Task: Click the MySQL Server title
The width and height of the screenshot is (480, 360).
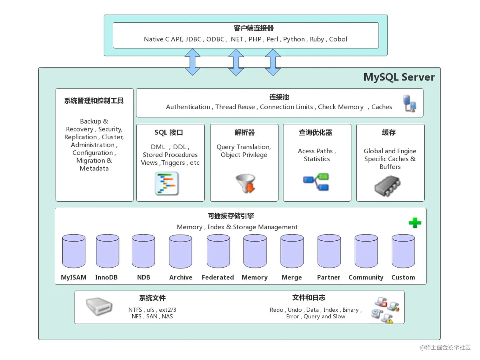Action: click(399, 77)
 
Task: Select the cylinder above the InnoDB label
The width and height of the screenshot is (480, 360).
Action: click(108, 251)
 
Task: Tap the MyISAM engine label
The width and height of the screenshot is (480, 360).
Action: click(74, 277)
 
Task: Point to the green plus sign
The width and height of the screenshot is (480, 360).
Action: click(415, 223)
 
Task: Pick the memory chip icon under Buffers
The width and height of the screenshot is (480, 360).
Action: click(387, 186)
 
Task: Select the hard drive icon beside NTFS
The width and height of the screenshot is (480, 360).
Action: click(99, 306)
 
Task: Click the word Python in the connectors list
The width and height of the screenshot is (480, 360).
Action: click(294, 39)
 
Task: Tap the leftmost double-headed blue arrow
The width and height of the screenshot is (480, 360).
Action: click(192, 62)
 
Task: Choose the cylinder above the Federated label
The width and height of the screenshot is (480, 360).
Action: click(218, 251)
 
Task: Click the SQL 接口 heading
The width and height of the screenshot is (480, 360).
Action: click(169, 132)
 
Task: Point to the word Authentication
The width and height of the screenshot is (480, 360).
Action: click(188, 107)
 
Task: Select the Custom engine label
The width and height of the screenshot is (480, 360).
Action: click(403, 277)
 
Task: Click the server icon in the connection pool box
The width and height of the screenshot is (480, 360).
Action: click(410, 103)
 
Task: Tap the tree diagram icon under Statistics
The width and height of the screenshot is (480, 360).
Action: click(316, 182)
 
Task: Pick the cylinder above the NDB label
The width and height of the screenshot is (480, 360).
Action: click(143, 251)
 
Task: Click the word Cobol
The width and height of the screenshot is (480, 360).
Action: click(338, 39)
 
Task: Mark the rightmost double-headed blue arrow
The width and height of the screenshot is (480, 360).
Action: click(273, 62)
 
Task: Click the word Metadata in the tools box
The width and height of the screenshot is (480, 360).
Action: click(94, 169)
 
